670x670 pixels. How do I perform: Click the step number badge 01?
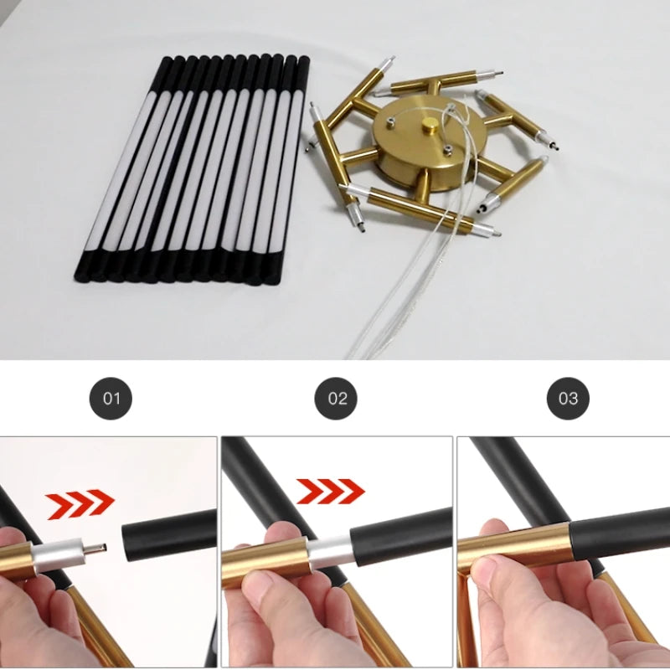pos(111,399)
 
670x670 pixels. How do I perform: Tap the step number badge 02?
pos(336,399)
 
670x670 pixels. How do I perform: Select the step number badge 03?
pos(568,399)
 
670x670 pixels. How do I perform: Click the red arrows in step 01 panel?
pos(80,504)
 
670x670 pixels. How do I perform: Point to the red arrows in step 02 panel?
pos(330,492)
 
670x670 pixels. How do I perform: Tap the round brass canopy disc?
pos(430,143)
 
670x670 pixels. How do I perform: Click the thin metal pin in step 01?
pos(94,549)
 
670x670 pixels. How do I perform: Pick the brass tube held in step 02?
pos(265,559)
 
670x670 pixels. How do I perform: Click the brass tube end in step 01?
pos(17,560)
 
